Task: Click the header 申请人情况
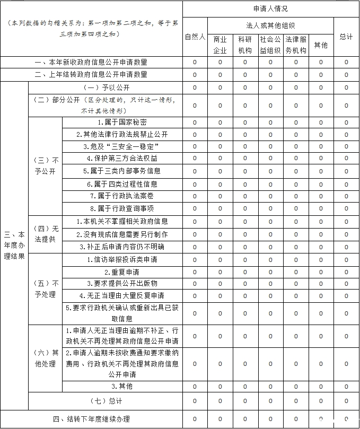point(270,9)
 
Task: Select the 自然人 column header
point(195,37)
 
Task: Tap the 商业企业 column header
point(220,45)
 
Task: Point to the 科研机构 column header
point(245,45)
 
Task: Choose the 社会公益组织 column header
point(270,45)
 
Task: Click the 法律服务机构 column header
point(296,45)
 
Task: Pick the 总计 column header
point(346,37)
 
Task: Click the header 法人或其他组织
point(270,25)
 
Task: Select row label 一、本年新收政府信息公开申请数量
point(91,62)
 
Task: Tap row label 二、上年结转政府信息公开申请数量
point(91,75)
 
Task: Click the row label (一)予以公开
point(106,87)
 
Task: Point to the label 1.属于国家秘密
point(122,122)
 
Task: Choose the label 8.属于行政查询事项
point(122,208)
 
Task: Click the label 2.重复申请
point(122,272)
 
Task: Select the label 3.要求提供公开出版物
point(122,284)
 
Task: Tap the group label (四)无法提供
point(45,234)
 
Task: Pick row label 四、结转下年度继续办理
point(91,419)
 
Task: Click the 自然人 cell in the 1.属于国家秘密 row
point(195,122)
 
